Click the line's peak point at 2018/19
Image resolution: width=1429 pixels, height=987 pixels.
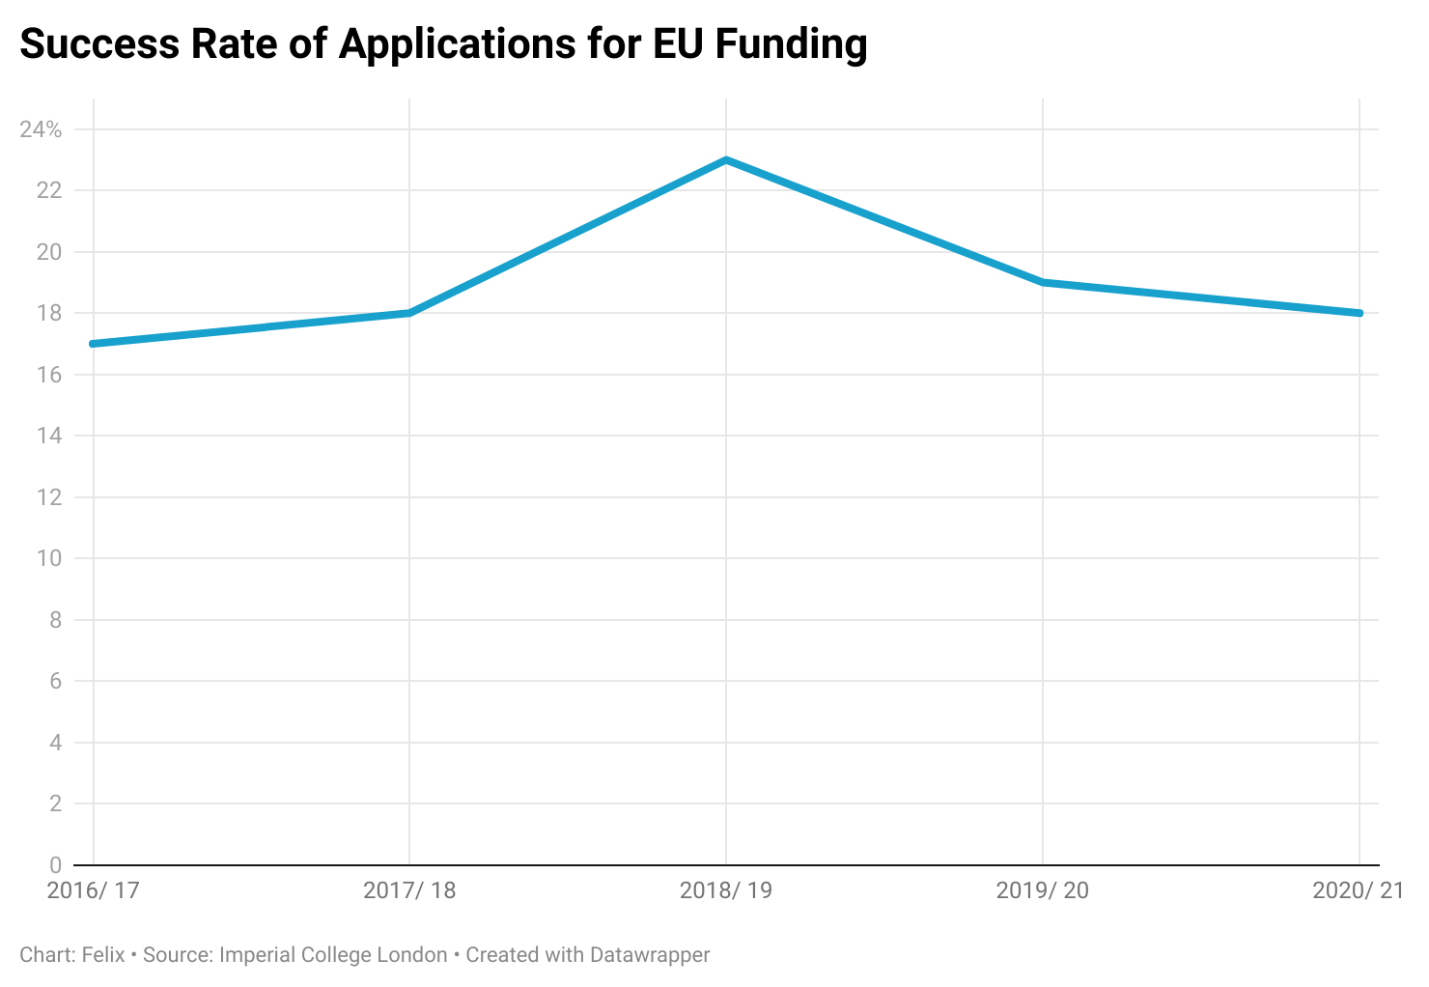point(726,160)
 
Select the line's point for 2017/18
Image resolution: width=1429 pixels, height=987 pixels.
point(409,313)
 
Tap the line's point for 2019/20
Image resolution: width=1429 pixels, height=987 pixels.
point(1043,283)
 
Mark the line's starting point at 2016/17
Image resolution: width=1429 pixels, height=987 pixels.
point(94,344)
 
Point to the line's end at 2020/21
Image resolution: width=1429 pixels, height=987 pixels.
point(1359,313)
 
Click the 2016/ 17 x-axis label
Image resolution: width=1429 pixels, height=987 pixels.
point(94,890)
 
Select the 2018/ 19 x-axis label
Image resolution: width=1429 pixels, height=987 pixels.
point(726,890)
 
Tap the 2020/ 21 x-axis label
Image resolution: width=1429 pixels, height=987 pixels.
point(1358,890)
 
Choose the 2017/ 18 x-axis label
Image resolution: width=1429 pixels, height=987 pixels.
point(409,890)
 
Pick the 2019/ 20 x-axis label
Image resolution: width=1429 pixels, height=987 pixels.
point(1043,890)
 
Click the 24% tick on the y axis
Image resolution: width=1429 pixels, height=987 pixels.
point(41,129)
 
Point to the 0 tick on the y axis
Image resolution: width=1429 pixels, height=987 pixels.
point(55,865)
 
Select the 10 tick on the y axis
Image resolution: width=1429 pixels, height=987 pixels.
point(49,558)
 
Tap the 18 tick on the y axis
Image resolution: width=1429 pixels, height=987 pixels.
point(49,313)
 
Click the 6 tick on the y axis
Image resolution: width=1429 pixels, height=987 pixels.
point(55,681)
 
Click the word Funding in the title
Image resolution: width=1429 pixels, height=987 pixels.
point(791,44)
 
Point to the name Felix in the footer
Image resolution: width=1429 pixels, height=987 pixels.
point(103,955)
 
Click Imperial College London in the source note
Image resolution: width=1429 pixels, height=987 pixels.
point(333,955)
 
